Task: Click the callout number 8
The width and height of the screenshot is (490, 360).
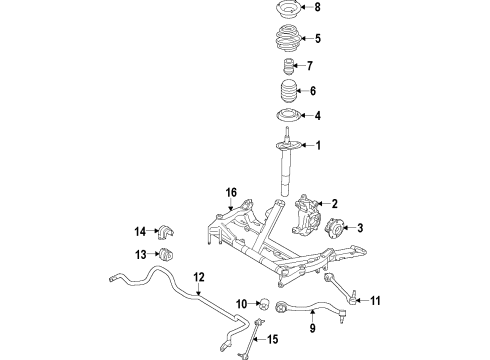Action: [319, 10]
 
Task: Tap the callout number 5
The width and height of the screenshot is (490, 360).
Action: [319, 41]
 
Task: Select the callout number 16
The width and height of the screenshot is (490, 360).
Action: [232, 193]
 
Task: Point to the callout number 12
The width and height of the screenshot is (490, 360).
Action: [198, 276]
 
